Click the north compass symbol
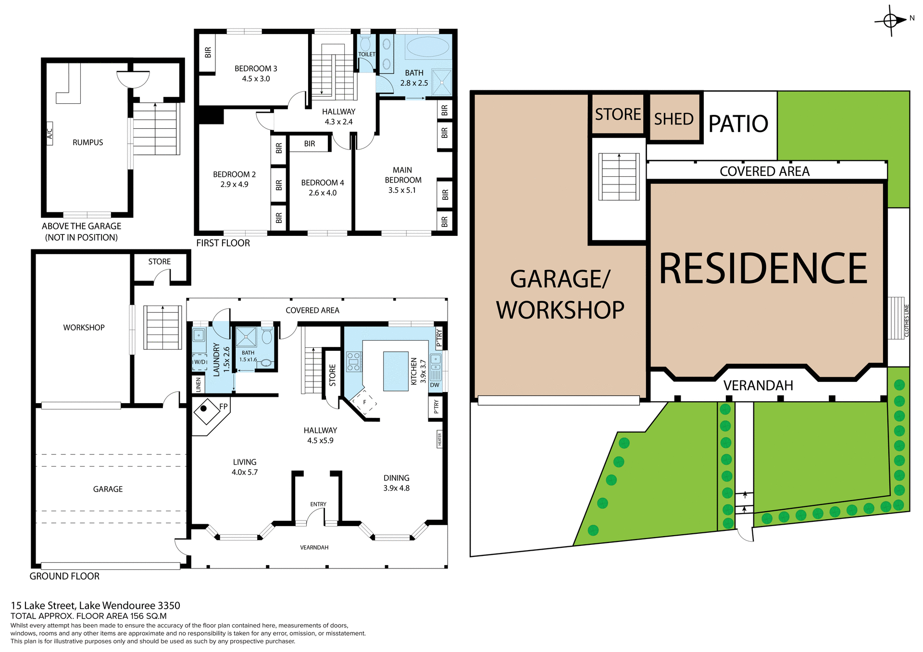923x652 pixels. tap(891, 21)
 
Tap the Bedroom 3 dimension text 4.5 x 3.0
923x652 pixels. tap(256, 79)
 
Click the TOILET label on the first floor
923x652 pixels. tap(366, 54)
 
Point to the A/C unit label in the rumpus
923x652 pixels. tap(50, 131)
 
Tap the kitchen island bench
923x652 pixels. tap(396, 371)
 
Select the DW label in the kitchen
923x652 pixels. tap(435, 385)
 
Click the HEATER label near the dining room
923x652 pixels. tap(439, 439)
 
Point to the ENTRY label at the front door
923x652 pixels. tap(318, 504)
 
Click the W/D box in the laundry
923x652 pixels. tap(200, 362)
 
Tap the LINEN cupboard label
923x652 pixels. tap(198, 384)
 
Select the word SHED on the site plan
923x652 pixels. tap(674, 119)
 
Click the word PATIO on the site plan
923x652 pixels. tap(738, 123)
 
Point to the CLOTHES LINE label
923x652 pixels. tap(907, 320)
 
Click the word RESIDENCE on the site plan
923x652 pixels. tap(763, 269)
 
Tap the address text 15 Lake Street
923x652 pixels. tap(43, 606)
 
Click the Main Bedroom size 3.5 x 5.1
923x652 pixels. tap(402, 190)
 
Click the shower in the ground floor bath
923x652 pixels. tap(246, 336)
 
